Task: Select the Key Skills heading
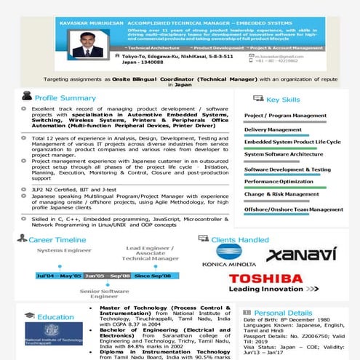coord(282,100)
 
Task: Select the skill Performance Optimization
coord(279,181)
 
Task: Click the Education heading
coord(55,317)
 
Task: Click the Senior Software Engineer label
coord(103,294)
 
